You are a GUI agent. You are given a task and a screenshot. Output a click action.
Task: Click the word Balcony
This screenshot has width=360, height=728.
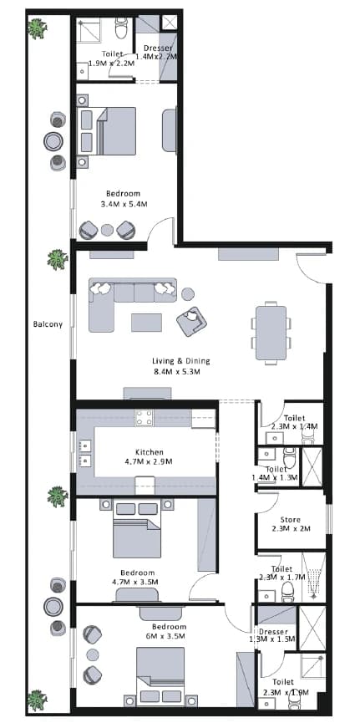[48, 324]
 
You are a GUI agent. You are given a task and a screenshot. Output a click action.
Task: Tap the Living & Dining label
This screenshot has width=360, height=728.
[181, 361]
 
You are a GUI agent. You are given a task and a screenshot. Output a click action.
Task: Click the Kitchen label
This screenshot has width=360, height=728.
[150, 451]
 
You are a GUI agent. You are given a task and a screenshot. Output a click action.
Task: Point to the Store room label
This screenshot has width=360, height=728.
[291, 520]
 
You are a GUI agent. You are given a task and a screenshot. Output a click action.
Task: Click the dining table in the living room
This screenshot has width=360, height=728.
[271, 333]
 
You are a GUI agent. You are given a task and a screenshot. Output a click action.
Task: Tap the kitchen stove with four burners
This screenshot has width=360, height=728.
[145, 417]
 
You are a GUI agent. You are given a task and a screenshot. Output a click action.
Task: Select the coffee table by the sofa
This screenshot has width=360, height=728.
[147, 323]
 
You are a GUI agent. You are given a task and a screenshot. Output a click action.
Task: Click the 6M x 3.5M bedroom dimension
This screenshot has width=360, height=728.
[165, 636]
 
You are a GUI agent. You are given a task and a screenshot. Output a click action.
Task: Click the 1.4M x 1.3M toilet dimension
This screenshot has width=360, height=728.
[275, 477]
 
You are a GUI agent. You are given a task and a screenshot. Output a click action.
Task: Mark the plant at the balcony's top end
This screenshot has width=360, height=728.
[37, 28]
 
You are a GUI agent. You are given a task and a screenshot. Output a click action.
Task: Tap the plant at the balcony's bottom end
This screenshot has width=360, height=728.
[37, 700]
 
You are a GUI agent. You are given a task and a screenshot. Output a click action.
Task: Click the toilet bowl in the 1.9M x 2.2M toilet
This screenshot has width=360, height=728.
[122, 28]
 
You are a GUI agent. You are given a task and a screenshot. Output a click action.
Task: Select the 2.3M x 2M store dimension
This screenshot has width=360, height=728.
[291, 528]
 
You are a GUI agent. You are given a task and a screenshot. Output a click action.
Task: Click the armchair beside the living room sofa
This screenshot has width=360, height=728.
[191, 321]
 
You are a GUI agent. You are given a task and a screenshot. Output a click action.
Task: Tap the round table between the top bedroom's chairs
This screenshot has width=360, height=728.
[107, 230]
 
